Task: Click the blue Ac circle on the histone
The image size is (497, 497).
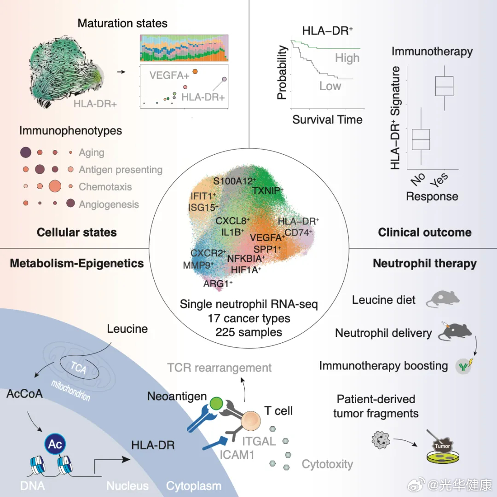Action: pyautogui.click(x=55, y=444)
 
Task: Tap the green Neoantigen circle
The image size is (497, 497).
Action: pyautogui.click(x=216, y=404)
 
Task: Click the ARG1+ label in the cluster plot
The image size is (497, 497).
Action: pyautogui.click(x=218, y=283)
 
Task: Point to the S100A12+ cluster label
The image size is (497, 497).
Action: pyautogui.click(x=235, y=181)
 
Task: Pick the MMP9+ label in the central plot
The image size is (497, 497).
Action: pyautogui.click(x=198, y=265)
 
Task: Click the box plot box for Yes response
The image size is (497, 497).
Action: pyautogui.click(x=444, y=86)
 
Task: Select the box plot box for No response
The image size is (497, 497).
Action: pyautogui.click(x=421, y=139)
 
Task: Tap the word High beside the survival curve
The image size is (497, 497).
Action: pyautogui.click(x=347, y=58)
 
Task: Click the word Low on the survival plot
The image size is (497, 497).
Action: pyautogui.click(x=330, y=86)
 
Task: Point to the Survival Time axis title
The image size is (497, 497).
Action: pyautogui.click(x=327, y=120)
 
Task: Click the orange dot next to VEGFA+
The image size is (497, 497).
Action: pyautogui.click(x=195, y=71)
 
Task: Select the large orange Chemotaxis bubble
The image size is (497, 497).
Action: pyautogui.click(x=55, y=186)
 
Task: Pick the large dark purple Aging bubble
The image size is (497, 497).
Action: pyautogui.click(x=26, y=152)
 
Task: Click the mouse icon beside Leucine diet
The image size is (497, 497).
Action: pyautogui.click(x=443, y=299)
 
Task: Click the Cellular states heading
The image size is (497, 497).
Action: pyautogui.click(x=77, y=232)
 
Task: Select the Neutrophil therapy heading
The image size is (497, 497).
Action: pyautogui.click(x=425, y=263)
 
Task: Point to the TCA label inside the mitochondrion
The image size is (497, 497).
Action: pyautogui.click(x=78, y=368)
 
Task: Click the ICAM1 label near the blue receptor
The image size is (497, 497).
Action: pyautogui.click(x=237, y=455)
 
